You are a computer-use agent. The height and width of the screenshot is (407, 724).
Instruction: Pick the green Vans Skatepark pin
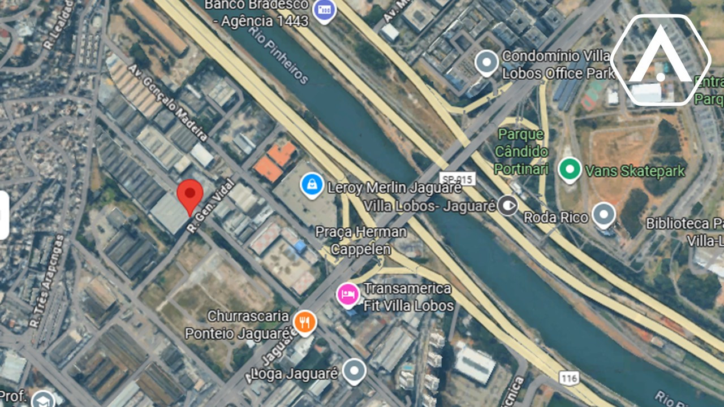[x=570, y=169]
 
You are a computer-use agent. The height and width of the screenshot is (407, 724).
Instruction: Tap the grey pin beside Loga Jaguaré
[x=355, y=371]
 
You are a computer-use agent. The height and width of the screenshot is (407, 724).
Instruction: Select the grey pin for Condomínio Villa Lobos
[x=486, y=63]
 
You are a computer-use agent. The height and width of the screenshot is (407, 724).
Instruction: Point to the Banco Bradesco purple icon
[x=325, y=10]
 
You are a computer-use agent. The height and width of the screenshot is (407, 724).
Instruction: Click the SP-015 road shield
[x=456, y=179]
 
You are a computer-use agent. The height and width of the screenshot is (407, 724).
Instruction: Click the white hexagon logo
[x=660, y=60]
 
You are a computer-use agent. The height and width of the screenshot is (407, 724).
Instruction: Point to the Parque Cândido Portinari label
[x=522, y=151]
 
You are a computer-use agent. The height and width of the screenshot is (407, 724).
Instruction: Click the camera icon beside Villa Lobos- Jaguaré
[x=508, y=205]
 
